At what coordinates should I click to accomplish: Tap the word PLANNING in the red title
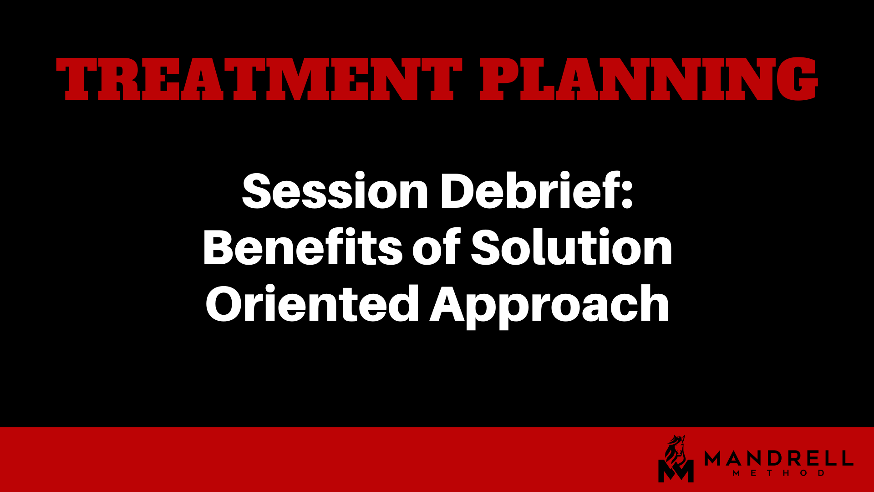649,79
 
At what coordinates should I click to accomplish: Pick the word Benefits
303,247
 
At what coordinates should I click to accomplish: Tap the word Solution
571,247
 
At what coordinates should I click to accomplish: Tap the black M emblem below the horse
676,471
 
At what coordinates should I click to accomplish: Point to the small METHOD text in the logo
779,473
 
